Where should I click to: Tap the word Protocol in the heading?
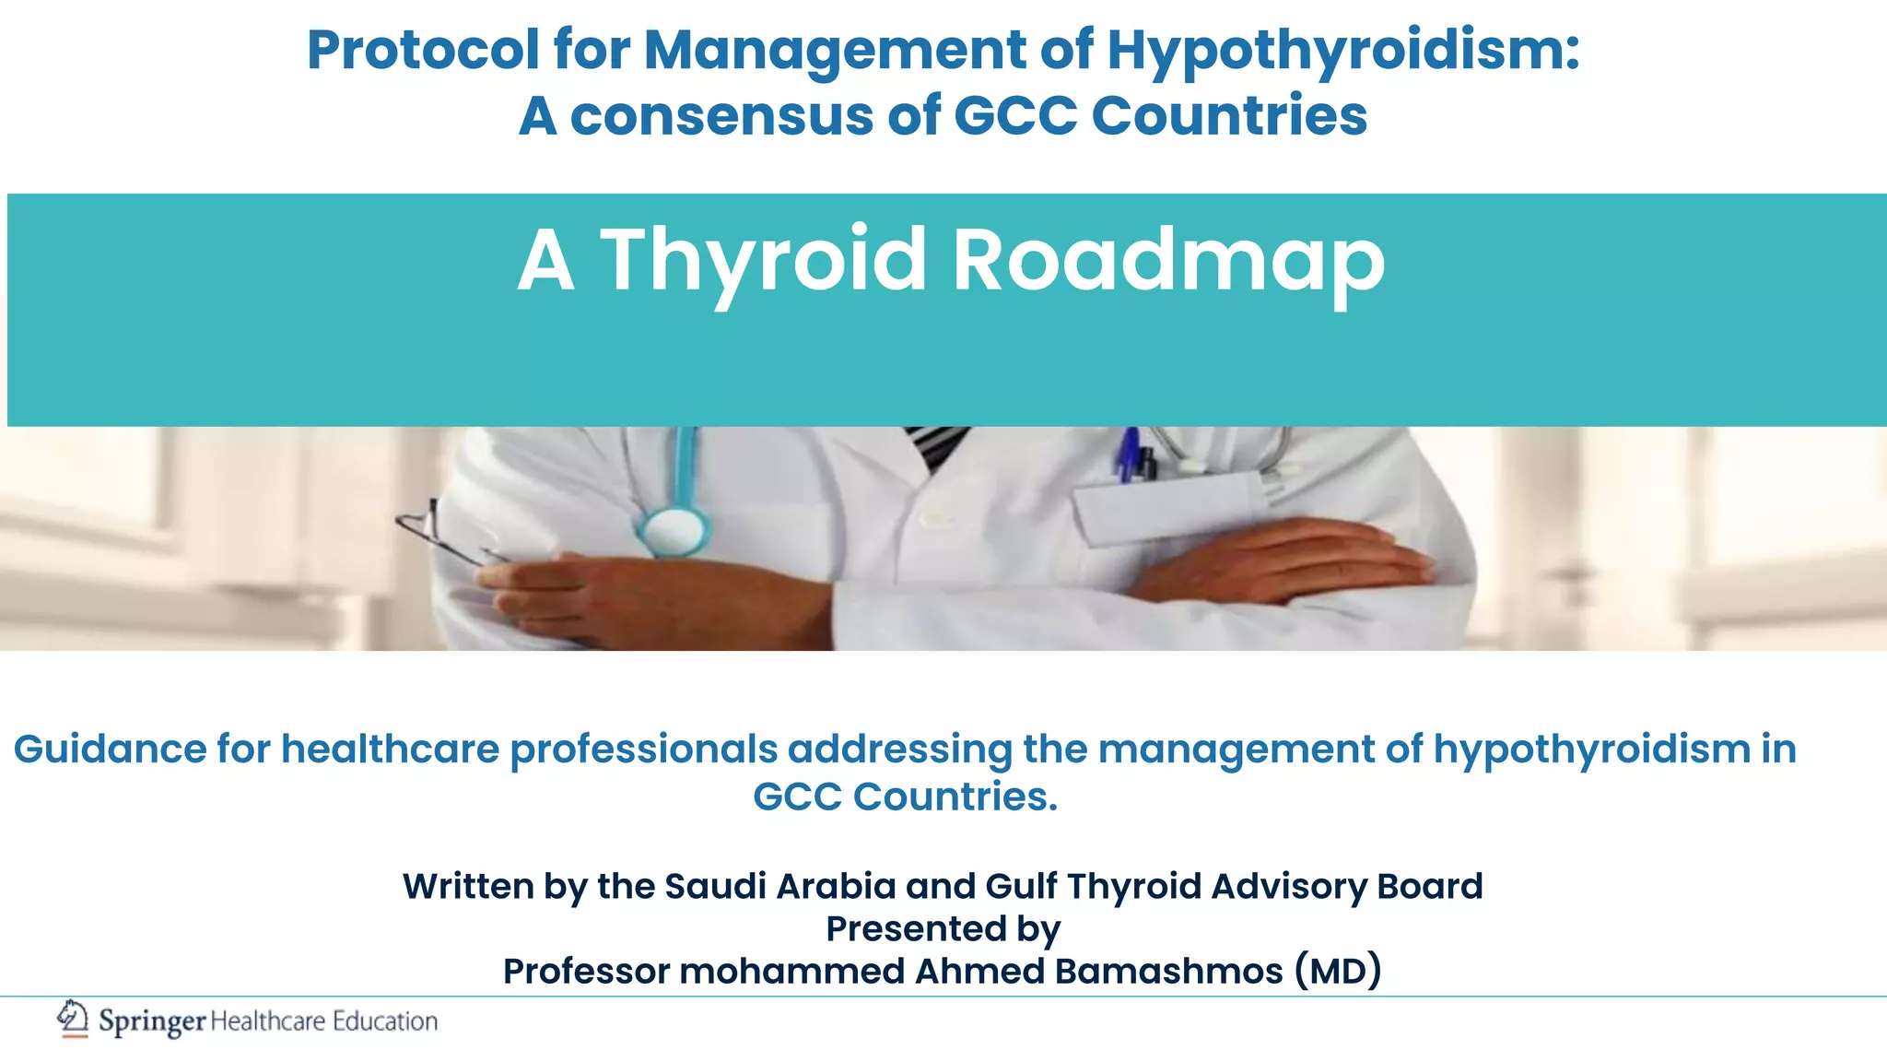click(423, 50)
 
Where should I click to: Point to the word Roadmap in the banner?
click(1167, 262)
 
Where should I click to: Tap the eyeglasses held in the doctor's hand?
click(442, 534)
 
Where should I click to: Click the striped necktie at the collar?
click(935, 444)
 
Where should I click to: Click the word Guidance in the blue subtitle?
click(110, 749)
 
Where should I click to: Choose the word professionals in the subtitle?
click(643, 749)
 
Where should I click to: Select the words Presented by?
click(943, 928)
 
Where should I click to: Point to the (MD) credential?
click(1338, 971)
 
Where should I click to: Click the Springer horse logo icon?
click(72, 1019)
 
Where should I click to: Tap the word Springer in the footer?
click(152, 1021)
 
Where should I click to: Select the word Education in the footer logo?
click(385, 1021)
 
